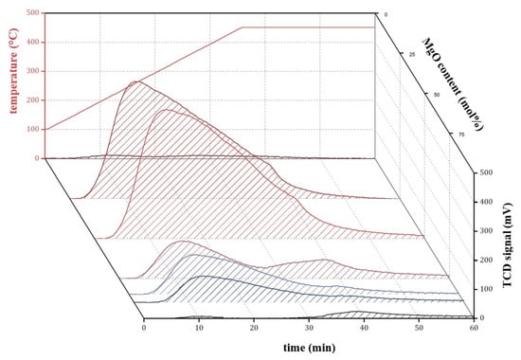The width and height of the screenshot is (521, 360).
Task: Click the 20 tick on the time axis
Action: click(x=255, y=328)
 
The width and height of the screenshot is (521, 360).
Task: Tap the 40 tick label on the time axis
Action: click(x=364, y=328)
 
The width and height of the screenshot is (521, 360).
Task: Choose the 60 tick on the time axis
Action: click(x=474, y=328)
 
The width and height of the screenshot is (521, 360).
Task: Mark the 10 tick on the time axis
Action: click(x=200, y=328)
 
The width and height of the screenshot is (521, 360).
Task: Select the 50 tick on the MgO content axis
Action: click(x=437, y=96)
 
